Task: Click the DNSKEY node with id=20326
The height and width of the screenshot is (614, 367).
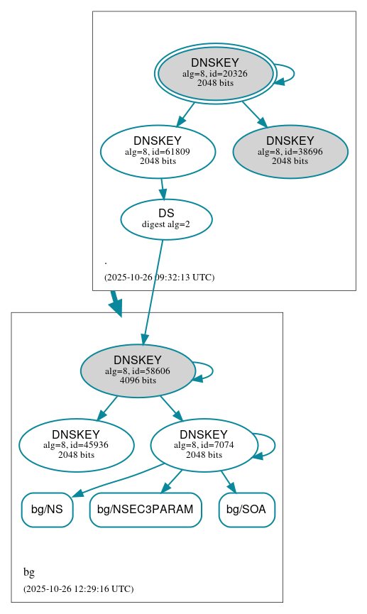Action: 215,74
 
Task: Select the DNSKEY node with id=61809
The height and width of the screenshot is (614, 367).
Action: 158,150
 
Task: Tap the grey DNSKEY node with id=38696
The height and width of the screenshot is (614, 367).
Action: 290,150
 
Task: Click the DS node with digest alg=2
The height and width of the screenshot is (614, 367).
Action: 166,219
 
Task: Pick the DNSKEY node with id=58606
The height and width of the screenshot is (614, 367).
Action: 138,371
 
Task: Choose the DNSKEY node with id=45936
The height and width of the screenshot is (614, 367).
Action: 76,445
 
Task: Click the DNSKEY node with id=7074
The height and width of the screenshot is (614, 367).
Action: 204,445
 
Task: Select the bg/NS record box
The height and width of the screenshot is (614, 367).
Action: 47,510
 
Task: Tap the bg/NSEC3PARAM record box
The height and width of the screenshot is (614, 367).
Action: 145,510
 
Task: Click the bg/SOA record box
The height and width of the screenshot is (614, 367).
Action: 246,510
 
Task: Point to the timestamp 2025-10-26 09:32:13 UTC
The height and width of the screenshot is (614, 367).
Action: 159,278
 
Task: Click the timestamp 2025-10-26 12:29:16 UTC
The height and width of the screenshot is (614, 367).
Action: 78,589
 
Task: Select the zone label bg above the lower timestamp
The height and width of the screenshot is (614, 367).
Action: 29,572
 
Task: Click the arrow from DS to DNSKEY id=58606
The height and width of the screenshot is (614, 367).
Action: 153,292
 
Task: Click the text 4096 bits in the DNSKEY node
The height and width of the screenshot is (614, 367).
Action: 138,380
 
